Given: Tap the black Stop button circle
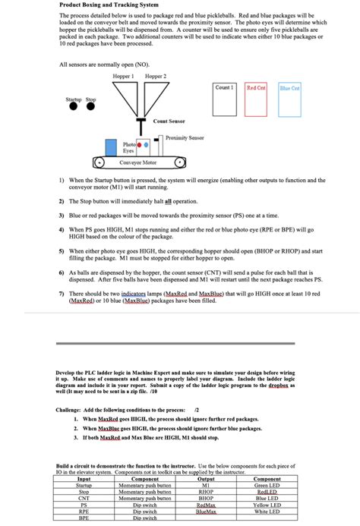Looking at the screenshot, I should click(90, 106).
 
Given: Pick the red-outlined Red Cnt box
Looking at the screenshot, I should click(257, 100).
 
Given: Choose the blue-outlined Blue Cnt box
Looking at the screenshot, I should click(289, 100).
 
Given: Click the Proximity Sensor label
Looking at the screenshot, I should click(186, 137).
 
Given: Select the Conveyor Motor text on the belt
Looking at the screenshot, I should click(139, 162).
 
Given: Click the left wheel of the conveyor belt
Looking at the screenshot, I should click(98, 162).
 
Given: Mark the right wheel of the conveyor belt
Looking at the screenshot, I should click(180, 162).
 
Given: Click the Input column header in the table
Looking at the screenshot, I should click(84, 479).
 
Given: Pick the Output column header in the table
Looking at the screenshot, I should click(205, 479).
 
